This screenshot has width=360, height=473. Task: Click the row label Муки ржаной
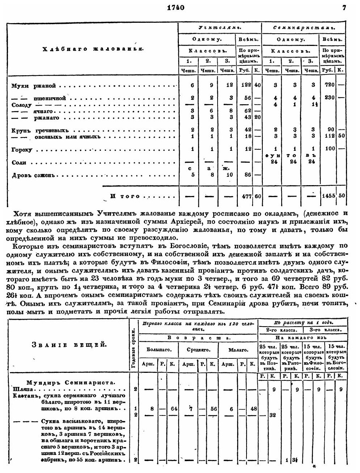[x=33, y=86]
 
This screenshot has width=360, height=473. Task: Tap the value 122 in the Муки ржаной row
[x=244, y=86]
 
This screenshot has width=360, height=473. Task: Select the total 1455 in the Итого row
[x=328, y=196]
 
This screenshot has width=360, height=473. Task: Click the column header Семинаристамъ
[x=303, y=27]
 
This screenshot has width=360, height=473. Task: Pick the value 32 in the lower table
[x=272, y=416]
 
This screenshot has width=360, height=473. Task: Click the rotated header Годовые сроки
[x=133, y=347]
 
